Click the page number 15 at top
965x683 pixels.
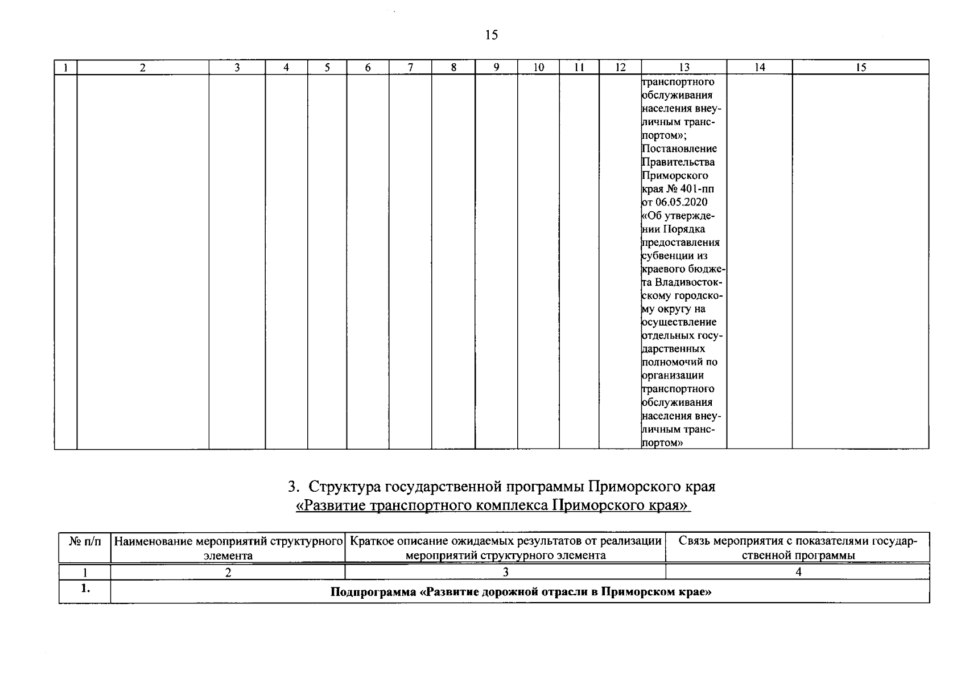coord(491,35)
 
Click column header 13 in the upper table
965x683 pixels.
coord(684,68)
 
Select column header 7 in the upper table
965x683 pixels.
coord(410,68)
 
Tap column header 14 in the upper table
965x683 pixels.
coord(760,68)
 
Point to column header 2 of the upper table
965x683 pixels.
coord(143,68)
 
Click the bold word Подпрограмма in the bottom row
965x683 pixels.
coord(373,593)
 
